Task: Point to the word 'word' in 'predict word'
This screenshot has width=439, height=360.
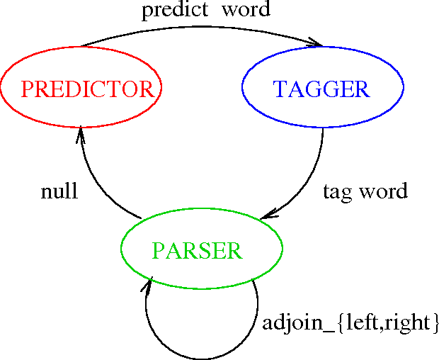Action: (245, 11)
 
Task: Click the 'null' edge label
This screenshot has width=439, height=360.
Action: (59, 192)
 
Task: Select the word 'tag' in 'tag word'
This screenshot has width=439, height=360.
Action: (336, 192)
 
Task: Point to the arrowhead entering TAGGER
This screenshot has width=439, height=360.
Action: (312, 47)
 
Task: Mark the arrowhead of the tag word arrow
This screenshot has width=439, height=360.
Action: (266, 215)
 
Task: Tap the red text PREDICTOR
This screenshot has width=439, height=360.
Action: (87, 89)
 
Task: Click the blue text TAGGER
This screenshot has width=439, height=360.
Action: (321, 89)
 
